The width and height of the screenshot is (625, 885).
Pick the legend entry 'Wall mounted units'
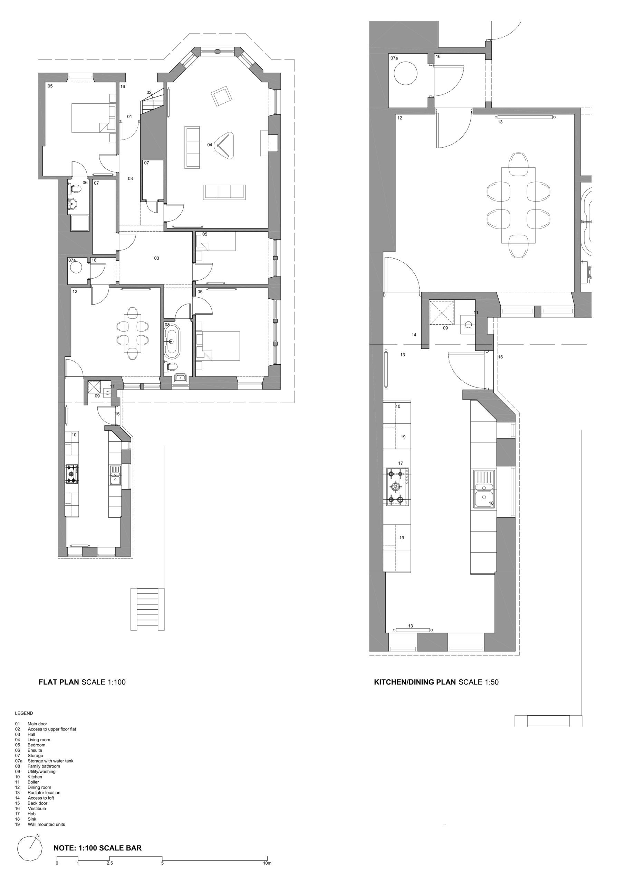[x=46, y=825]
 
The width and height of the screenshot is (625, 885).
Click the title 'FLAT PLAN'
[x=59, y=682]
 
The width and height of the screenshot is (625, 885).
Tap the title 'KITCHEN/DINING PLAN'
[x=415, y=682]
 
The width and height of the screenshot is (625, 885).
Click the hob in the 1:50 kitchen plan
[x=398, y=487]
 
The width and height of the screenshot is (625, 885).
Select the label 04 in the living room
[x=210, y=145]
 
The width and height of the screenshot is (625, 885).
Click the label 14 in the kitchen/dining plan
[x=414, y=335]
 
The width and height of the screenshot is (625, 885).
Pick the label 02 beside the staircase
[x=149, y=93]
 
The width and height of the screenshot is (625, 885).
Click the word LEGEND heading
[x=24, y=713]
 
